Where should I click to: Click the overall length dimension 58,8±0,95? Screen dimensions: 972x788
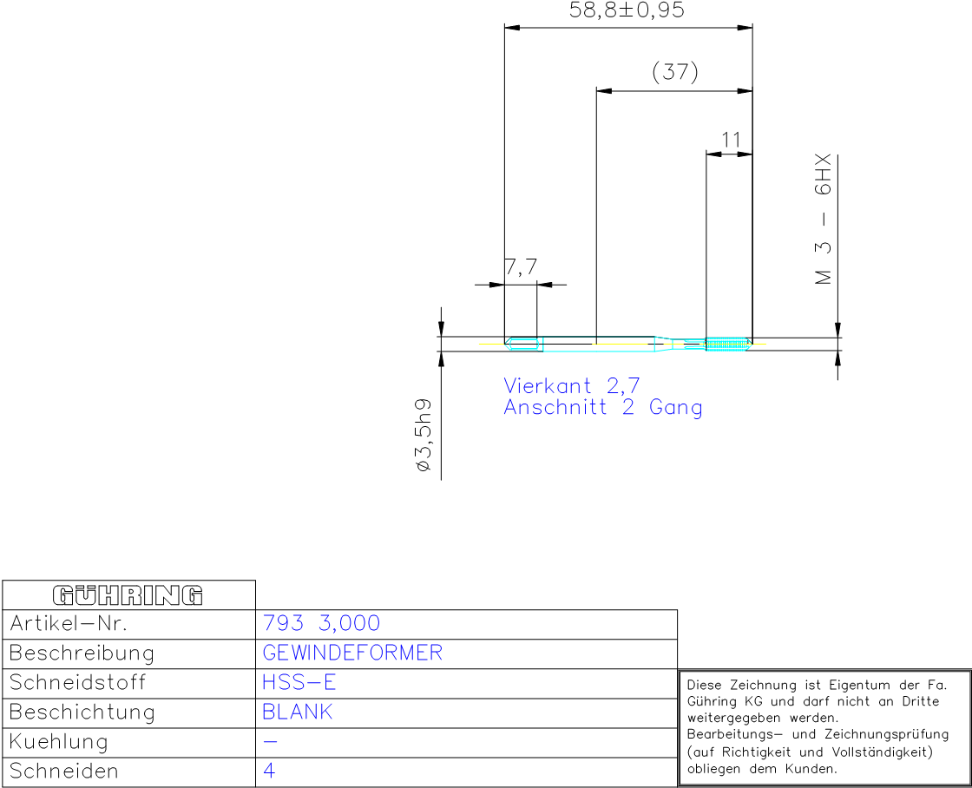tap(627, 10)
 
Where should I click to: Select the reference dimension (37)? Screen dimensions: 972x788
tap(675, 71)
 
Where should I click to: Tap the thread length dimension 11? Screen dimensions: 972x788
tap(731, 140)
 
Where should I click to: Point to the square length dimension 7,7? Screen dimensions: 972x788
tap(521, 267)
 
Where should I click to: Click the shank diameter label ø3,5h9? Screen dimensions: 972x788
tap(424, 436)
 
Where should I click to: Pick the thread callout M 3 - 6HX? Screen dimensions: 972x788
tap(823, 220)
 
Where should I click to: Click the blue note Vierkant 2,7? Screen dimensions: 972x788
tap(572, 385)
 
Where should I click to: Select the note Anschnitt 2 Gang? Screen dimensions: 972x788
tap(603, 407)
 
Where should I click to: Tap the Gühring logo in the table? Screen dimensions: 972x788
tap(128, 595)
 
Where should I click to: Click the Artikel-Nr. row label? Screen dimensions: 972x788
tap(69, 623)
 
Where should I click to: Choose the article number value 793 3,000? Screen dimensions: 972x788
tap(321, 623)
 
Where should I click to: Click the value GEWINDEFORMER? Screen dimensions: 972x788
tap(352, 653)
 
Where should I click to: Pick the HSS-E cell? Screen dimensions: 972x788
tap(299, 683)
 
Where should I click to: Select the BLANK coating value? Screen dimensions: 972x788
tap(298, 712)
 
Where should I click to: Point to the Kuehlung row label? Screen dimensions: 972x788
tap(59, 741)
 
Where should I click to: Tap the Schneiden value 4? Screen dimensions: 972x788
tap(269, 771)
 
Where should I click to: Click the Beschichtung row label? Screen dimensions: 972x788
tap(82, 712)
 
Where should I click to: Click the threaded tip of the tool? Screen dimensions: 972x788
tap(728, 344)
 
